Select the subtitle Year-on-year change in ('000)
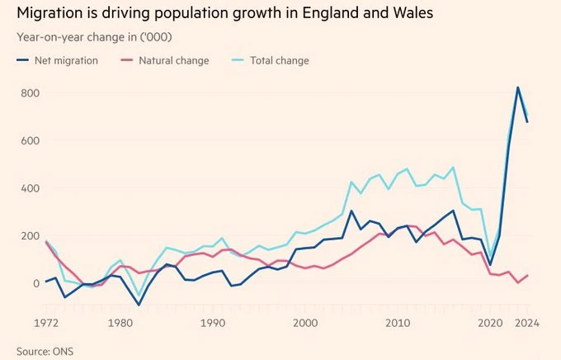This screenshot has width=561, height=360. [x=98, y=37]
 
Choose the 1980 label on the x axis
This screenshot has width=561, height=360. [x=120, y=323]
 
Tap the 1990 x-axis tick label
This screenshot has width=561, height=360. [x=214, y=323]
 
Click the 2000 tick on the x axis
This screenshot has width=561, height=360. [x=306, y=323]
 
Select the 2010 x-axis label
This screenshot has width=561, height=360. [x=398, y=323]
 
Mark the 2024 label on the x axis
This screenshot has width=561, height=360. [x=527, y=323]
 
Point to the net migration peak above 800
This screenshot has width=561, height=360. [x=517, y=88]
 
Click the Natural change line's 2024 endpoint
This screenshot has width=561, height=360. [x=527, y=275]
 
